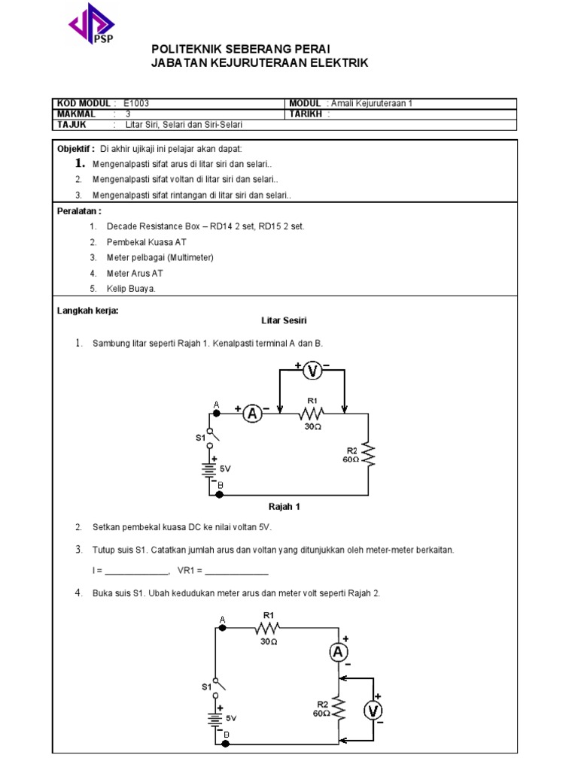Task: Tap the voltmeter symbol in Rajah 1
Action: click(312, 369)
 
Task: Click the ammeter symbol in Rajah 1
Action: click(254, 412)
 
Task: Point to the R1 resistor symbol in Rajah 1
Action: click(312, 412)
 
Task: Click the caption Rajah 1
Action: click(284, 506)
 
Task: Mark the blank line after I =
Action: click(132, 572)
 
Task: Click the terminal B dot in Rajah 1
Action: click(210, 495)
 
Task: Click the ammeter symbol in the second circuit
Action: click(339, 651)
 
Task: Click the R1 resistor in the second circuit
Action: click(267, 627)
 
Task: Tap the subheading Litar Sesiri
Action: click(284, 320)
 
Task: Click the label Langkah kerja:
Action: click(88, 311)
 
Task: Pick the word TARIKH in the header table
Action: click(306, 114)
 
